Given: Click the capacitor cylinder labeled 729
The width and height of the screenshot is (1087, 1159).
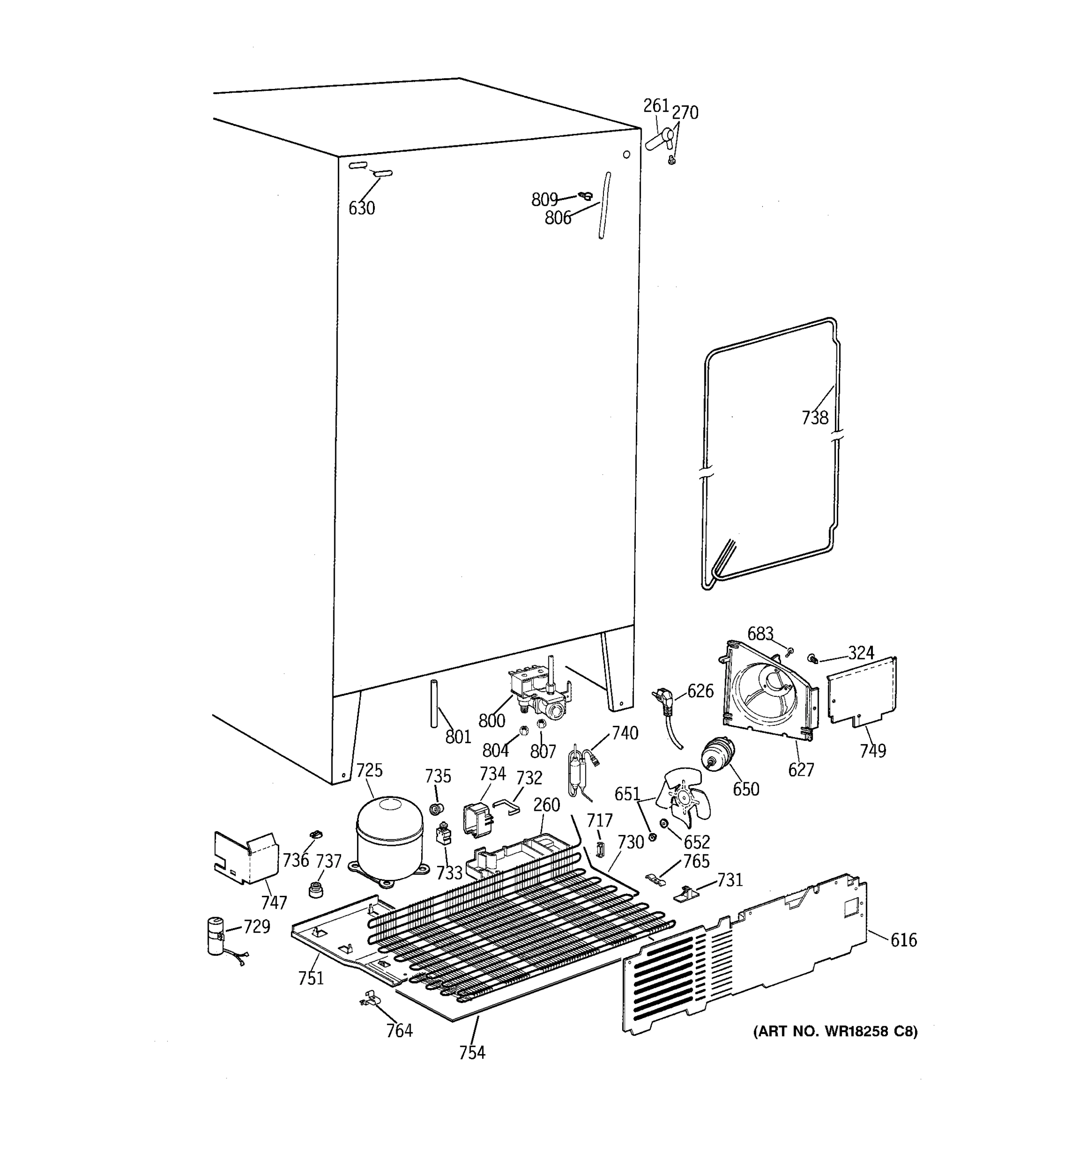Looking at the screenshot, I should (216, 936).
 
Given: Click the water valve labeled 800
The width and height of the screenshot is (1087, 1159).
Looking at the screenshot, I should (540, 694).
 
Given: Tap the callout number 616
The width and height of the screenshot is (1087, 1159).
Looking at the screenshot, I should (903, 940).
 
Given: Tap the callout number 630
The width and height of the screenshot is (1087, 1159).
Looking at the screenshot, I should (361, 208).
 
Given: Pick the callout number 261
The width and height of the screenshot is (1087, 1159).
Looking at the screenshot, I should (656, 106).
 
